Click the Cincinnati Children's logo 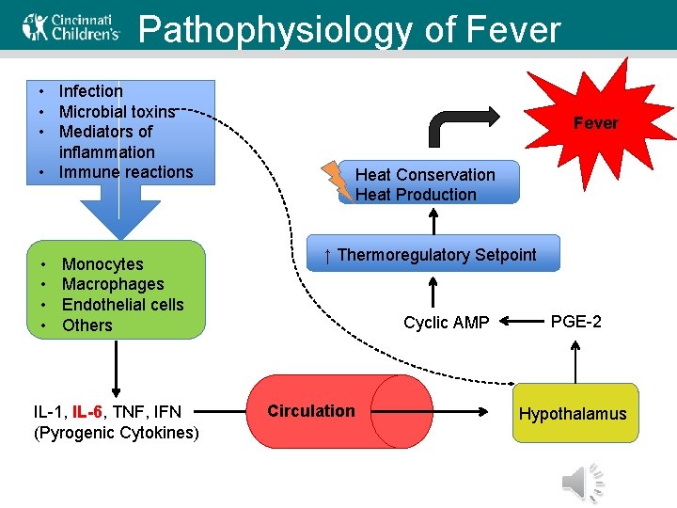point(71,28)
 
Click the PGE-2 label point(575,322)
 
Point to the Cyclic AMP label point(446,323)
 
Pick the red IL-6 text point(90,411)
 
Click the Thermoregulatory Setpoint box point(434,255)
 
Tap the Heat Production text point(416,195)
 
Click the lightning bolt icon point(336,181)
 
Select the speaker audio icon point(583,483)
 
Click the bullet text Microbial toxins point(117,111)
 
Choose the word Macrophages point(113,284)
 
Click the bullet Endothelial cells point(122,305)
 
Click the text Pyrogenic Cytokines point(117,433)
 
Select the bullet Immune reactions point(125,172)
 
